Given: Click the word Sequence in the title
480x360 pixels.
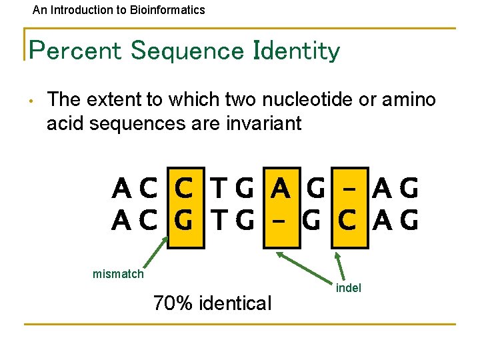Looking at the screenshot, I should tap(194, 51).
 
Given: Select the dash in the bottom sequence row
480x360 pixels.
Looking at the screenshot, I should tap(281, 219).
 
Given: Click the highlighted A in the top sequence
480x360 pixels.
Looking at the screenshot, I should tap(281, 190).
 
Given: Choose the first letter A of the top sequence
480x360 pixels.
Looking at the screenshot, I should tap(122, 190).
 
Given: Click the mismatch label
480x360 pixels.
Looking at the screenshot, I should tap(118, 273).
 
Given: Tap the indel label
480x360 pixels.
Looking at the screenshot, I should tap(349, 288).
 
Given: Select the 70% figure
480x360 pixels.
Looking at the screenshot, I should tap(172, 303).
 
